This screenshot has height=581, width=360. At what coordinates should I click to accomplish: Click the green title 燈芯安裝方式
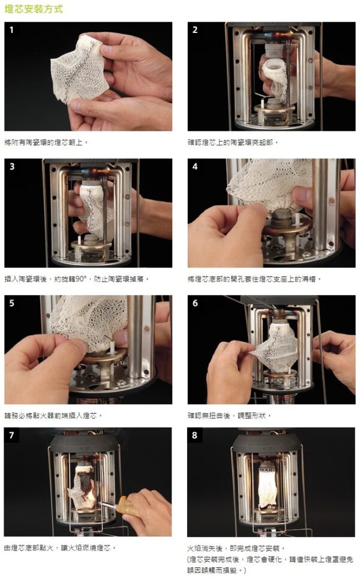pyautogui.click(x=34, y=9)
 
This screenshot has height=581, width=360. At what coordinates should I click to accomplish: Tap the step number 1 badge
pyautogui.click(x=11, y=29)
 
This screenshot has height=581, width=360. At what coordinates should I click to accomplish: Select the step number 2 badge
pyautogui.click(x=195, y=29)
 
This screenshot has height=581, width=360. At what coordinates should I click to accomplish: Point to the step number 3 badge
pyautogui.click(x=12, y=166)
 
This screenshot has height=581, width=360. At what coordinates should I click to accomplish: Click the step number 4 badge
pyautogui.click(x=195, y=166)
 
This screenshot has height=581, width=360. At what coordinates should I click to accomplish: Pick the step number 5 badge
pyautogui.click(x=12, y=303)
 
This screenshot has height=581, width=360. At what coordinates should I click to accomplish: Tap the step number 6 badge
pyautogui.click(x=195, y=303)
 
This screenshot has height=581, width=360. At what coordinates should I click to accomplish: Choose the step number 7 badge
pyautogui.click(x=11, y=435)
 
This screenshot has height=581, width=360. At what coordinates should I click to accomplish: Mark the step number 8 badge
pyautogui.click(x=194, y=435)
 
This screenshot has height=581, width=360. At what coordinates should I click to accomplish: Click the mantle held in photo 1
pyautogui.click(x=80, y=68)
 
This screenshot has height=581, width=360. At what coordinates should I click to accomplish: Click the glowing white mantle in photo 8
pyautogui.click(x=268, y=486)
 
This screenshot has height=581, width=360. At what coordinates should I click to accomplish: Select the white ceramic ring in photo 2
pyautogui.click(x=274, y=67)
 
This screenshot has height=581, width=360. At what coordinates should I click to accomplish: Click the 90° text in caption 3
pyautogui.click(x=80, y=279)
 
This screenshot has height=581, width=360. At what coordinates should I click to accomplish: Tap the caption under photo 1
pyautogui.click(x=46, y=142)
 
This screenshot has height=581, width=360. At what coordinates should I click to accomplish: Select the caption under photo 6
pyautogui.click(x=229, y=416)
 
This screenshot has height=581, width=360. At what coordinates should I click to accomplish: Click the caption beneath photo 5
pyautogui.click(x=53, y=416)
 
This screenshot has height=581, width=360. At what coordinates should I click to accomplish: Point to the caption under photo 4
pyautogui.click(x=254, y=279)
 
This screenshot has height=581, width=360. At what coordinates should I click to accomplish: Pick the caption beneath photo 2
pyautogui.click(x=233, y=142)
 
